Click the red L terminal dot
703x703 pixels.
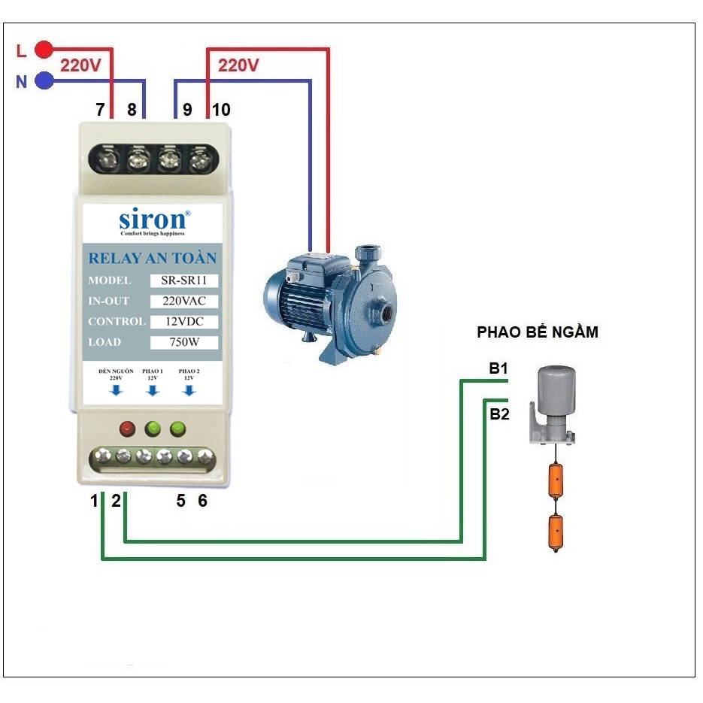(44, 50)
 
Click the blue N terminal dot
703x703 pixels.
(44, 80)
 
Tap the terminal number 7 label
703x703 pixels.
(100, 110)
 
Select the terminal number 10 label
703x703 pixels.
(220, 110)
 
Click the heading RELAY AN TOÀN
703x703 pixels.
(152, 258)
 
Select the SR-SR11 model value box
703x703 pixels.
(184, 280)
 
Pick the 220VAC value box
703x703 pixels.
(184, 302)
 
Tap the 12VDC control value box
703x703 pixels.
(184, 322)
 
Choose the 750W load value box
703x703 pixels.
(184, 343)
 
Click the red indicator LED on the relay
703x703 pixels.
(127, 429)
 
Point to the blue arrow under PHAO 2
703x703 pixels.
(189, 390)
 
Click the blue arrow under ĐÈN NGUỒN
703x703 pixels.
(116, 390)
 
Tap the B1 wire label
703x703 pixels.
(498, 368)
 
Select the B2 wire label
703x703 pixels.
(499, 414)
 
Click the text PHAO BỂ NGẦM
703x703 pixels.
(538, 332)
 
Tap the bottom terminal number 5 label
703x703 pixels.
(180, 501)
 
